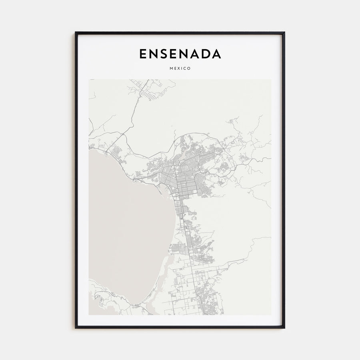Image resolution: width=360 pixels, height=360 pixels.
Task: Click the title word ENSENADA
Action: [x=180, y=54]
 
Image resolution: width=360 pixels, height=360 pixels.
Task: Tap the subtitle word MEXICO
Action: [x=180, y=68]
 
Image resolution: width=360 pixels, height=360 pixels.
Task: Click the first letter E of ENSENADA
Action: [x=142, y=54]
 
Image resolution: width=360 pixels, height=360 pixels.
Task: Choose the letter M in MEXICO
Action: [x=170, y=68]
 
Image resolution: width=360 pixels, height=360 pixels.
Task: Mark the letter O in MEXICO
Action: [x=189, y=68]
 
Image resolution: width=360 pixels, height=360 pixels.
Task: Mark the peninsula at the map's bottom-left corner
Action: [x=100, y=298]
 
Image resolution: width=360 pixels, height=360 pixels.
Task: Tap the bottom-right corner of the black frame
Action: [x=284, y=328]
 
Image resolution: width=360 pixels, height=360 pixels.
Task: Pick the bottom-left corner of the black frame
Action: [x=76, y=328]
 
